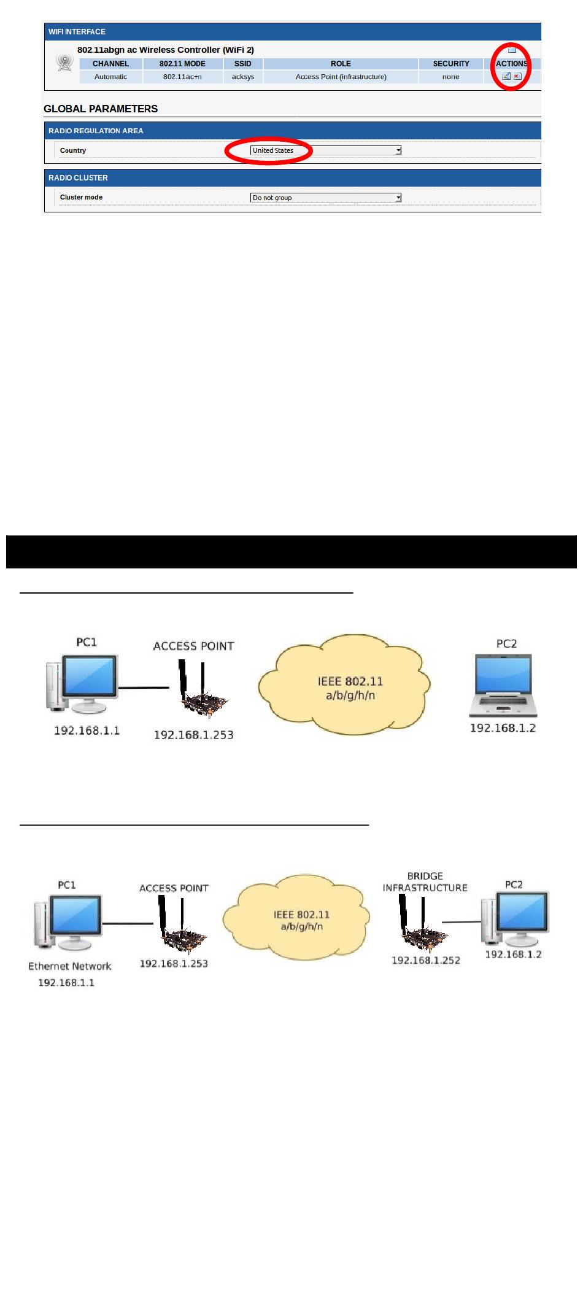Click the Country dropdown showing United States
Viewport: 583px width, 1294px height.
click(325, 150)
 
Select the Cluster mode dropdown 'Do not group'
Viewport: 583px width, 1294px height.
click(325, 198)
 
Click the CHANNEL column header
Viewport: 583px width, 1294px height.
click(110, 64)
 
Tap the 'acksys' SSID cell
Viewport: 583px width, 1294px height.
click(243, 77)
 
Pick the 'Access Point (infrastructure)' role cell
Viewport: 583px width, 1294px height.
click(341, 77)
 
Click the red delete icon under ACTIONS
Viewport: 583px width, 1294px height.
click(517, 77)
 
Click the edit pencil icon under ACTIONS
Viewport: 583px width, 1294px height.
click(506, 77)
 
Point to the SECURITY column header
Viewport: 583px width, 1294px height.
click(450, 64)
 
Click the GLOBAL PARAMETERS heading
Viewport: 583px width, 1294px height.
click(101, 109)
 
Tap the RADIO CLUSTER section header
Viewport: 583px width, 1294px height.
click(78, 178)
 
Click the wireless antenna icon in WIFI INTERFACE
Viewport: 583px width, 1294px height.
click(64, 62)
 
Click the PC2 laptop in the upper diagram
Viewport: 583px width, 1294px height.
click(504, 685)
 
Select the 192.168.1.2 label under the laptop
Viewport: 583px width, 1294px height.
click(503, 728)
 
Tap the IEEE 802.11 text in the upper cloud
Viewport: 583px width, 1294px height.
click(350, 681)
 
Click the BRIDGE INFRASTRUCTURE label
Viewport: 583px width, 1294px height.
click(425, 882)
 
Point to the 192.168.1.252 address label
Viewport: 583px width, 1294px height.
click(426, 960)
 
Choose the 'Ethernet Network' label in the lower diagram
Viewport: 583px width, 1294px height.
click(70, 966)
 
